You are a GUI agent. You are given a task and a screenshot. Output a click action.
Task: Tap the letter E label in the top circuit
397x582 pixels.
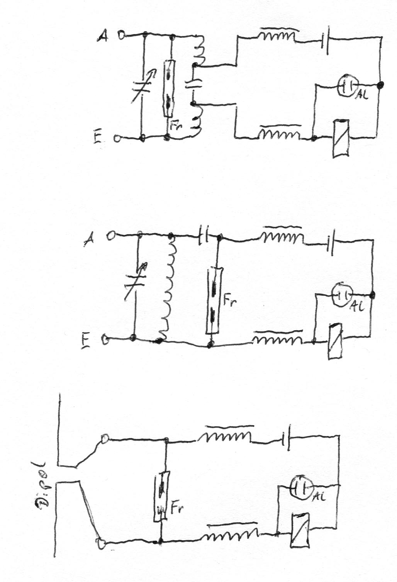tap(98, 138)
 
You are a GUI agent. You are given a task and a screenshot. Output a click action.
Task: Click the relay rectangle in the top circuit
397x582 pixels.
tap(341, 138)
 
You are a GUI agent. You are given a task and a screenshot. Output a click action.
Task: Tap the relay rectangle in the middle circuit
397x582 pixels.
tap(334, 341)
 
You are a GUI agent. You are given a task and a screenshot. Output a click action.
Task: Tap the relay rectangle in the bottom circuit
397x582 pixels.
tap(300, 529)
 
